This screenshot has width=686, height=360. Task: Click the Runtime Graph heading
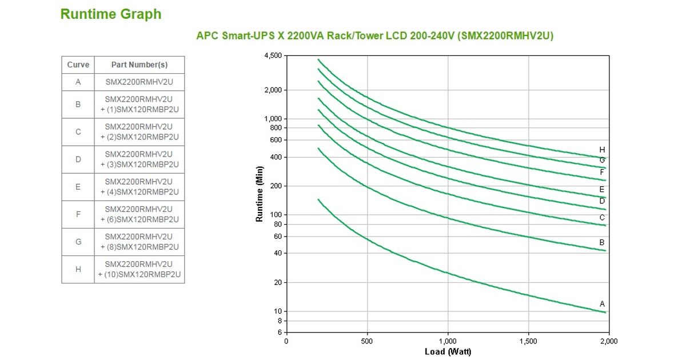[111, 14]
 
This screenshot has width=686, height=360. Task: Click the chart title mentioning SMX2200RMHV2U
[374, 35]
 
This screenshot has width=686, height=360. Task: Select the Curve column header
[78, 65]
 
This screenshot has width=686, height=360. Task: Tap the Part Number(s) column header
[139, 65]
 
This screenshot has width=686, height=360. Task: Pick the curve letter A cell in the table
[78, 82]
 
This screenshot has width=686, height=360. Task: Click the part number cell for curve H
[139, 269]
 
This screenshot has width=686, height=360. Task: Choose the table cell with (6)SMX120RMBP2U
[139, 214]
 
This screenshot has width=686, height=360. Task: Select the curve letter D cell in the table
[78, 159]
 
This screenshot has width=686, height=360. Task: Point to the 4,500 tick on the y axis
[273, 55]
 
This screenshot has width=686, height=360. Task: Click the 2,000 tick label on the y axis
[273, 90]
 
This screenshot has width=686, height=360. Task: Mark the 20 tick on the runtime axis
[278, 283]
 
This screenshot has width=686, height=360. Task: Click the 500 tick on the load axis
[367, 341]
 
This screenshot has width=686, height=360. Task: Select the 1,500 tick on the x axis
[528, 341]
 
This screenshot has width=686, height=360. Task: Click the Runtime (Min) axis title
[260, 194]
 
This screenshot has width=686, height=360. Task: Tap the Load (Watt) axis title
[448, 351]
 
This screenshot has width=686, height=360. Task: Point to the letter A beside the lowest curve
[602, 304]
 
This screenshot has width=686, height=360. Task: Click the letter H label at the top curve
[602, 150]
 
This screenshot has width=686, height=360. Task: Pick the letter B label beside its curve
[602, 243]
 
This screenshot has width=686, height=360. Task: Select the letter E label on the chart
[602, 189]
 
